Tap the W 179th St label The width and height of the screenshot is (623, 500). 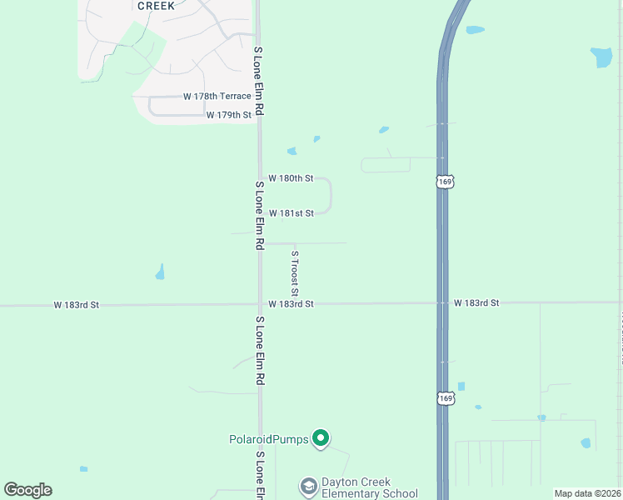tap(228, 115)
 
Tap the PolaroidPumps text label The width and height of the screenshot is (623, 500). tap(269, 439)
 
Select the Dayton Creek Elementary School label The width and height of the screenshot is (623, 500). tap(370, 487)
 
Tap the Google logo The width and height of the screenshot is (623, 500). tap(27, 490)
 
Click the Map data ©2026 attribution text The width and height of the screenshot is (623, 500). tap(587, 493)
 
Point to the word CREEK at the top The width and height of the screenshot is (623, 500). tap(157, 5)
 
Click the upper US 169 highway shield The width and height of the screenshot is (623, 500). tap(445, 182)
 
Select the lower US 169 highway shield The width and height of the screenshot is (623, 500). tap(446, 399)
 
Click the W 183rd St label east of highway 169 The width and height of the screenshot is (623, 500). tap(476, 303)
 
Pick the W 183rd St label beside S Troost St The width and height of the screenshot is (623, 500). tap(291, 305)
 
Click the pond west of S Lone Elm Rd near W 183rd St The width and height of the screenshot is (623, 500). tap(160, 272)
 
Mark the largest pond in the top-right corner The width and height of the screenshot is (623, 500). tap(601, 57)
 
